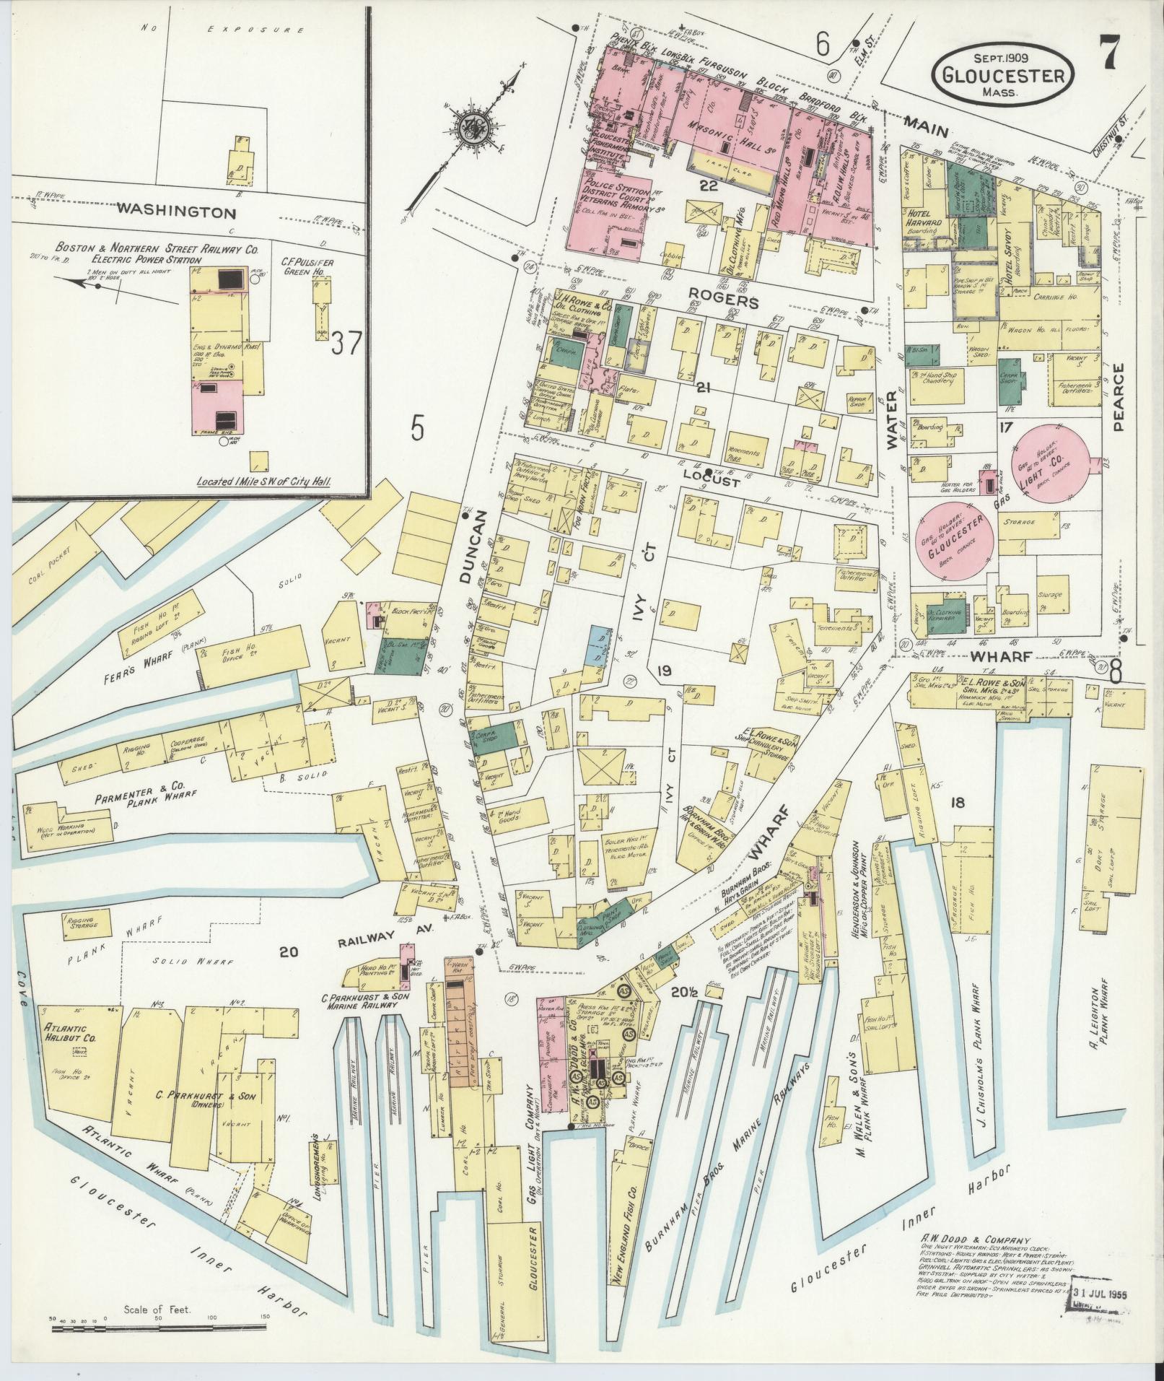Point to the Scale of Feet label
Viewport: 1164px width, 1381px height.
[x=157, y=1308]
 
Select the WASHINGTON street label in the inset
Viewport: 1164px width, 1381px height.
[x=176, y=213]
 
